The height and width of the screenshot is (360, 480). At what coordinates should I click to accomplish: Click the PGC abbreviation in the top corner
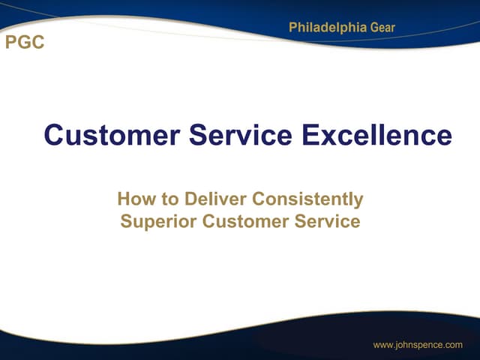[x=25, y=43]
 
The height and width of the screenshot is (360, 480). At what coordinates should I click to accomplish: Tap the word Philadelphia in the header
[x=328, y=28]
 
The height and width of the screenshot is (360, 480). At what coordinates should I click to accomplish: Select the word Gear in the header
[x=382, y=28]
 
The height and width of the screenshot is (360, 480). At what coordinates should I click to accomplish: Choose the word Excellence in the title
[x=377, y=136]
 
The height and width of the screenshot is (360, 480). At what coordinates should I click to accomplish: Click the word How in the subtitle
[x=134, y=199]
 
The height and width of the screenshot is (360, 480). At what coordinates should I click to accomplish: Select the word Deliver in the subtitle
[x=211, y=199]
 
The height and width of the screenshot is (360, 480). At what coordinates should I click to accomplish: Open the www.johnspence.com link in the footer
[x=418, y=345]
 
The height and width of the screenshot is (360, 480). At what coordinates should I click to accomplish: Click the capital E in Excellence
[x=312, y=136]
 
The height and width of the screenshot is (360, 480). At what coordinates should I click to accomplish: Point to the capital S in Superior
[x=126, y=223]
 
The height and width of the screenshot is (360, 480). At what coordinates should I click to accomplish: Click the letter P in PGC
[x=11, y=43]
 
